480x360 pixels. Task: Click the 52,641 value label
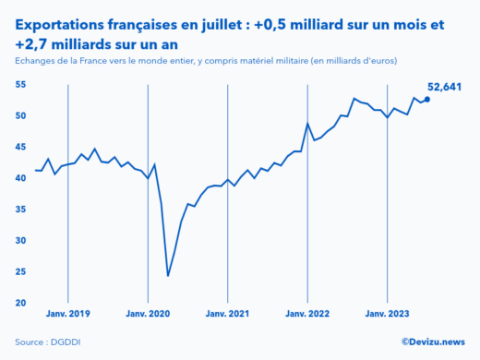click(444, 88)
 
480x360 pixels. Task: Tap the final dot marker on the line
click(426, 99)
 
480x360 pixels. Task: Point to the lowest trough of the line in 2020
click(168, 275)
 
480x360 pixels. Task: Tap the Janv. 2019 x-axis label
click(68, 314)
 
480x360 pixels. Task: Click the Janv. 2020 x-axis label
click(148, 314)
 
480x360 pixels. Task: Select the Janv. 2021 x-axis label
click(227, 314)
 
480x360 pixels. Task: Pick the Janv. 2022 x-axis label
click(307, 314)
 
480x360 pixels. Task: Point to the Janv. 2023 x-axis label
click(387, 314)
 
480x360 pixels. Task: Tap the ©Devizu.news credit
click(431, 342)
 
